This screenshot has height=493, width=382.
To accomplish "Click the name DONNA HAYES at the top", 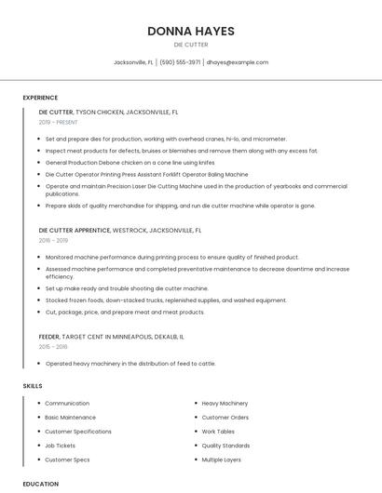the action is (x=190, y=31).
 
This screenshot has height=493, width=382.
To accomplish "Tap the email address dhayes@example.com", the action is (x=237, y=62).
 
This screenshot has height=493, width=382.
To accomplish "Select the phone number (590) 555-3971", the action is (x=180, y=62).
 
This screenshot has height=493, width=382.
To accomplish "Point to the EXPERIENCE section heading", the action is (x=40, y=98).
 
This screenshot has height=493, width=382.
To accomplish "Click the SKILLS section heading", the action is (x=33, y=385).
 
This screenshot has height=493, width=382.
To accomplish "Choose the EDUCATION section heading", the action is (x=41, y=484).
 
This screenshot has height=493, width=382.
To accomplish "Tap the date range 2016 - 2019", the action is (x=53, y=240).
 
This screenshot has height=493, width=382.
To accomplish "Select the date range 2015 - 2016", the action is (x=53, y=346).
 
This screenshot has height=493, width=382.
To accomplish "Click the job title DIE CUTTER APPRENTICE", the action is (x=75, y=230).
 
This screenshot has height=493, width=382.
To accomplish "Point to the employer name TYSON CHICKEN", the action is (x=100, y=112).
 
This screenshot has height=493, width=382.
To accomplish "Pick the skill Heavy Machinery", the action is (x=225, y=404).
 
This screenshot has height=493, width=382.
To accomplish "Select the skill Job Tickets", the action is (x=61, y=446).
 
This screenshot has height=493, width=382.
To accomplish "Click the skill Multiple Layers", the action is (x=222, y=460).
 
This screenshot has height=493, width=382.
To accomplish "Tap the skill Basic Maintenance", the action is (x=70, y=418).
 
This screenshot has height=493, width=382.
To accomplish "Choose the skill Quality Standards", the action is (x=225, y=446).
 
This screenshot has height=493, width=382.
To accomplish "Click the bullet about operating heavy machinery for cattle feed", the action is (x=130, y=364).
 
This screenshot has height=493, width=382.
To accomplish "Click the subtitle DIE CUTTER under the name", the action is (x=190, y=45).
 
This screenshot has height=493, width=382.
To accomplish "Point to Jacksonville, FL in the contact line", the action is (x=133, y=62).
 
